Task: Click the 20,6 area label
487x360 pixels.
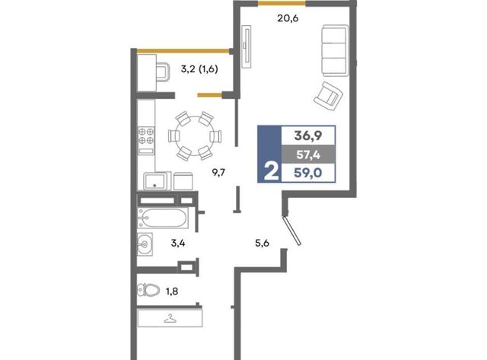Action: pyautogui.click(x=288, y=18)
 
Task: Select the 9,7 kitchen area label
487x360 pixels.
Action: pyautogui.click(x=218, y=172)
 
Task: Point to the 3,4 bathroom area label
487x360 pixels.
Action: pyautogui.click(x=178, y=243)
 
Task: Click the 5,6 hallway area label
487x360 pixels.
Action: pyautogui.click(x=262, y=243)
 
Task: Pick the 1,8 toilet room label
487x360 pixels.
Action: pyautogui.click(x=172, y=292)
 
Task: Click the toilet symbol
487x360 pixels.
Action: pyautogui.click(x=148, y=291)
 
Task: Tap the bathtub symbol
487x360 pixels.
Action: pyautogui.click(x=162, y=218)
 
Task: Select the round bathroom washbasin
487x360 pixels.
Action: pyautogui.click(x=145, y=244)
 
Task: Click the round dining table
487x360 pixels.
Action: pyautogui.click(x=194, y=136)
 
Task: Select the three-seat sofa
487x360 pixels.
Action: pyautogui.click(x=335, y=51)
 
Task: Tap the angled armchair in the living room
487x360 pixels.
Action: pyautogui.click(x=328, y=97)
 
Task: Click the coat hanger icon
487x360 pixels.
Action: pyautogui.click(x=170, y=319)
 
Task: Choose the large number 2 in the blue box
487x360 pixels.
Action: pyautogui.click(x=271, y=172)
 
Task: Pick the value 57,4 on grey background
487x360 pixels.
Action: pyautogui.click(x=308, y=155)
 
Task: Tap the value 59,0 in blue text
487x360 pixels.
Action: pyautogui.click(x=308, y=173)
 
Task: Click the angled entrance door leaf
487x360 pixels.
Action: pyautogui.click(x=292, y=231)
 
